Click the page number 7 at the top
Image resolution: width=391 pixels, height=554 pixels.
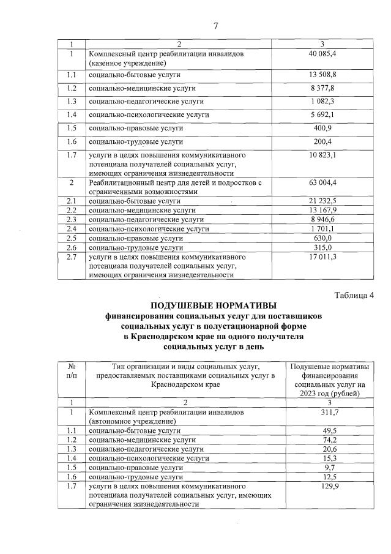click(215, 25)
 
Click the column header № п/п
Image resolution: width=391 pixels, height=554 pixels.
click(72, 370)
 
